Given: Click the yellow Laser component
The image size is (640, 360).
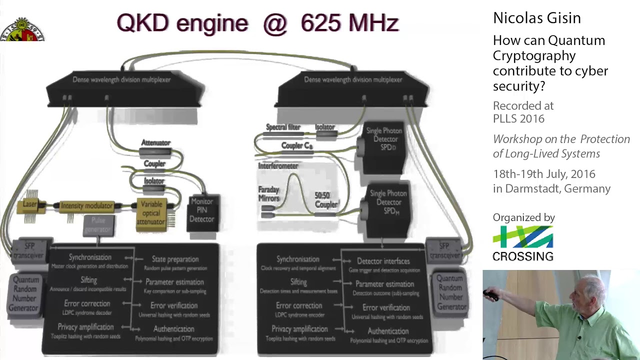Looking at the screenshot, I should (29, 204).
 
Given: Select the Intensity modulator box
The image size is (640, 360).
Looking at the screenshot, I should (86, 205).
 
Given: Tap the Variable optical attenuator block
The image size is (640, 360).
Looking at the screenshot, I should (150, 213).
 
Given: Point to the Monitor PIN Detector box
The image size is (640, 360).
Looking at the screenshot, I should (202, 210).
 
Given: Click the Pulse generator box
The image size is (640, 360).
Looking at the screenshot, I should (98, 225).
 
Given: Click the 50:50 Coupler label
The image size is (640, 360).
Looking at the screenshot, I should (326, 200).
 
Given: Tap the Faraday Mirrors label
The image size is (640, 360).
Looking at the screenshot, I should (268, 194).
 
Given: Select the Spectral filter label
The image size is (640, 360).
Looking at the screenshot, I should (283, 127).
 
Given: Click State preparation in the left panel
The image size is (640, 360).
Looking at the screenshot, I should (175, 259).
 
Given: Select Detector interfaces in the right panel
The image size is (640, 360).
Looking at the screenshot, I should (383, 261).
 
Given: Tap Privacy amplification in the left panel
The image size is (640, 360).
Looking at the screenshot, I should (85, 327).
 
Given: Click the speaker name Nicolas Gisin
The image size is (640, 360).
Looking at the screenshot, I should (536, 18).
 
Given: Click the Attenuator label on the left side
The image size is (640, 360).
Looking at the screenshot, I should (155, 142).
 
